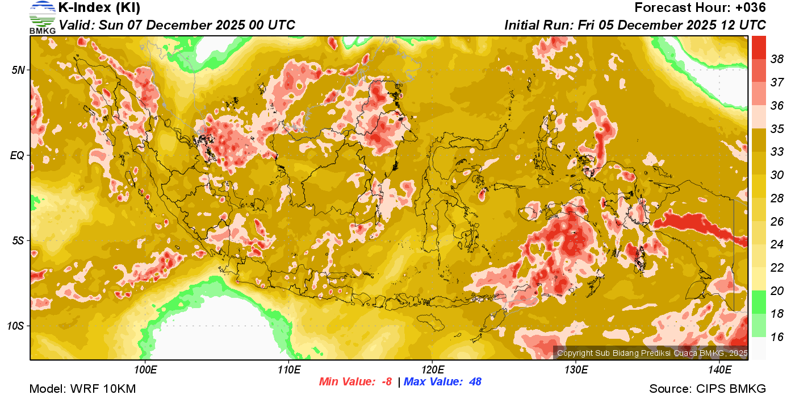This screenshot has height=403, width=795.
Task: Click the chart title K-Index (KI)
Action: click(99, 8)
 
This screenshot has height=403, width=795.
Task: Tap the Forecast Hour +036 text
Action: click(700, 8)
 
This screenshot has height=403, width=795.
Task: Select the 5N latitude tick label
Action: click(18, 70)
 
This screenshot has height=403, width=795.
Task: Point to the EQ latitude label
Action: click(17, 155)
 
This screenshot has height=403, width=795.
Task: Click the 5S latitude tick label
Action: click(18, 240)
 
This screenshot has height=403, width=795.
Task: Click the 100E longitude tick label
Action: click(145, 370)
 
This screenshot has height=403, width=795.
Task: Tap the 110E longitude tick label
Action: click(288, 370)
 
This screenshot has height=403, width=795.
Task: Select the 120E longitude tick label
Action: click(432, 370)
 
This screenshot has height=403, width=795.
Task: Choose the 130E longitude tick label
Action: click(576, 370)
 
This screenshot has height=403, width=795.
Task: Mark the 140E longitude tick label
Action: click(719, 370)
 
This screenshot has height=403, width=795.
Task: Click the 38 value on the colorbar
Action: click(777, 59)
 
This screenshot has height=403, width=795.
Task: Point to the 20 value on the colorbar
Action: click(777, 291)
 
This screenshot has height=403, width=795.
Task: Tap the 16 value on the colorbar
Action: click(777, 337)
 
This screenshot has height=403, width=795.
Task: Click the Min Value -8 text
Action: click(355, 381)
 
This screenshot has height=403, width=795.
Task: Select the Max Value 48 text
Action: click(442, 381)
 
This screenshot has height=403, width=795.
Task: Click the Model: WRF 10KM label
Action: click(82, 389)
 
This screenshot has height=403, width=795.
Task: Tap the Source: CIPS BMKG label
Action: click(708, 389)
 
